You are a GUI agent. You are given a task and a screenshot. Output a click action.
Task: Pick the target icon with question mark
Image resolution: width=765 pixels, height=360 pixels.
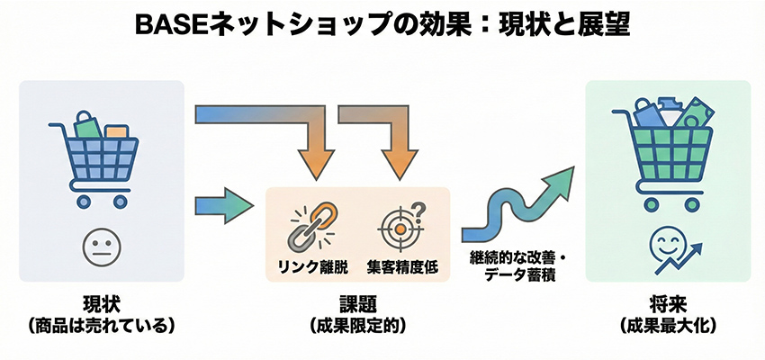click(x=400, y=224)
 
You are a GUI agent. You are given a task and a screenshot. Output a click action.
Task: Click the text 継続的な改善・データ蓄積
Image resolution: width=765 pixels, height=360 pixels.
click(x=513, y=267)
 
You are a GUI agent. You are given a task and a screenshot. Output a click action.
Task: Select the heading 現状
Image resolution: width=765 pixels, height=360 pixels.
click(x=100, y=302)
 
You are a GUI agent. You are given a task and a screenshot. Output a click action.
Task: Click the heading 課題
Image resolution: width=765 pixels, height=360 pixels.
click(x=358, y=302)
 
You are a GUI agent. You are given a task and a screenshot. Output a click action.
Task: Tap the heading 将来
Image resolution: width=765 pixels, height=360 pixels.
click(x=666, y=302)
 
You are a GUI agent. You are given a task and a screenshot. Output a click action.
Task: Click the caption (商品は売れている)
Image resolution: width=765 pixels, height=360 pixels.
click(x=100, y=323)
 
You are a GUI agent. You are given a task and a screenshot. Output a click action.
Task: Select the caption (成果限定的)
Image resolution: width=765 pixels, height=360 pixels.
click(x=358, y=323)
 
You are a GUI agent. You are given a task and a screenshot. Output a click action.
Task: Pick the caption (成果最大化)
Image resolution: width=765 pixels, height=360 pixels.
click(x=666, y=323)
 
